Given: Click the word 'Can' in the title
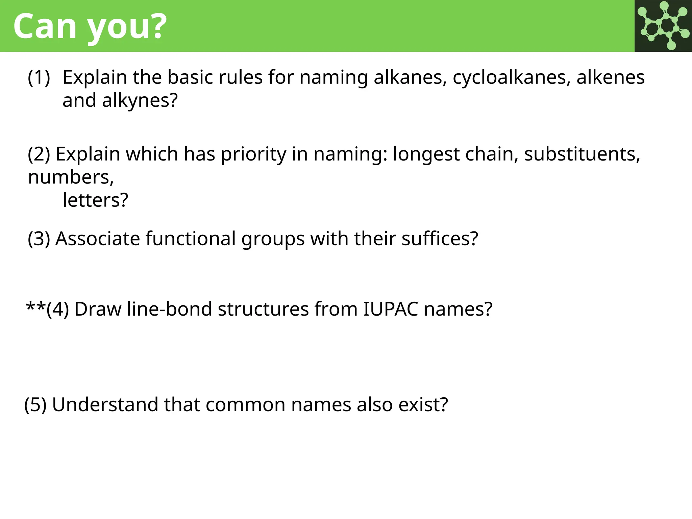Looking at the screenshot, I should tap(45, 26).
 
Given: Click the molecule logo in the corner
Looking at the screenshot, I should tap(663, 26).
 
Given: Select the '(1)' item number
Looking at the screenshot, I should tap(39, 77).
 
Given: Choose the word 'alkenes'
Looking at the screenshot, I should tap(610, 77).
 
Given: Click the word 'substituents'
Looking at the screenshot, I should tap(581, 154).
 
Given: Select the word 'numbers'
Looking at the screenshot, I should tap(70, 177).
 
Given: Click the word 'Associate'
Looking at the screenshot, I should tap(98, 239).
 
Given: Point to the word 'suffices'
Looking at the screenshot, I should tap(436, 239).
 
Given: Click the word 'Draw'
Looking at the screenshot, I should tap(98, 309).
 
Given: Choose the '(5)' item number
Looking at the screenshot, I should tap(35, 405).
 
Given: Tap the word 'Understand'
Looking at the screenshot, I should tap(105, 405).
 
